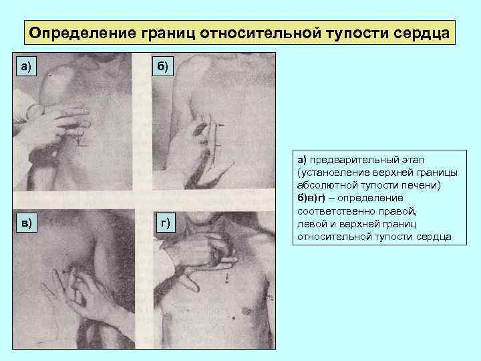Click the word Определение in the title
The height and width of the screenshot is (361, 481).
(82, 33)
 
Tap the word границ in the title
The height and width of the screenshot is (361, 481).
(168, 33)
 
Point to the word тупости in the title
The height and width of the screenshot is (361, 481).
(357, 33)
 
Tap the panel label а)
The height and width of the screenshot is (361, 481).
(26, 66)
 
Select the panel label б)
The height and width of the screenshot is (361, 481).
(162, 66)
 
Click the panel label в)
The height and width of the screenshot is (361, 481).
(26, 222)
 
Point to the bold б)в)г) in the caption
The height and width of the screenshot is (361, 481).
(311, 199)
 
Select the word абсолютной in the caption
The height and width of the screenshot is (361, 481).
(327, 185)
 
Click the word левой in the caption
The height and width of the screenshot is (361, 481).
(312, 224)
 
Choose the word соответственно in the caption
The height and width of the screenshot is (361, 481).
(337, 211)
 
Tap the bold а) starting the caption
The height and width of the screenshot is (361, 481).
(302, 160)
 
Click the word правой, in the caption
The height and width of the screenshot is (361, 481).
(397, 211)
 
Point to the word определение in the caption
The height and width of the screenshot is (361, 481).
(370, 199)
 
